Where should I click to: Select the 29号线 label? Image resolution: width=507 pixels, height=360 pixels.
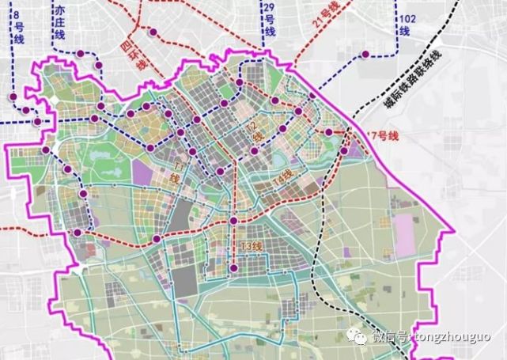click(269, 20)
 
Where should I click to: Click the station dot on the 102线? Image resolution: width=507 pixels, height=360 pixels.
click(366, 54)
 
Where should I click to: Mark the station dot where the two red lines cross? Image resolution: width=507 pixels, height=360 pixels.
click(234, 221)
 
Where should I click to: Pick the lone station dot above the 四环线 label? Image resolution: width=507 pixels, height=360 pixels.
click(153, 32)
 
